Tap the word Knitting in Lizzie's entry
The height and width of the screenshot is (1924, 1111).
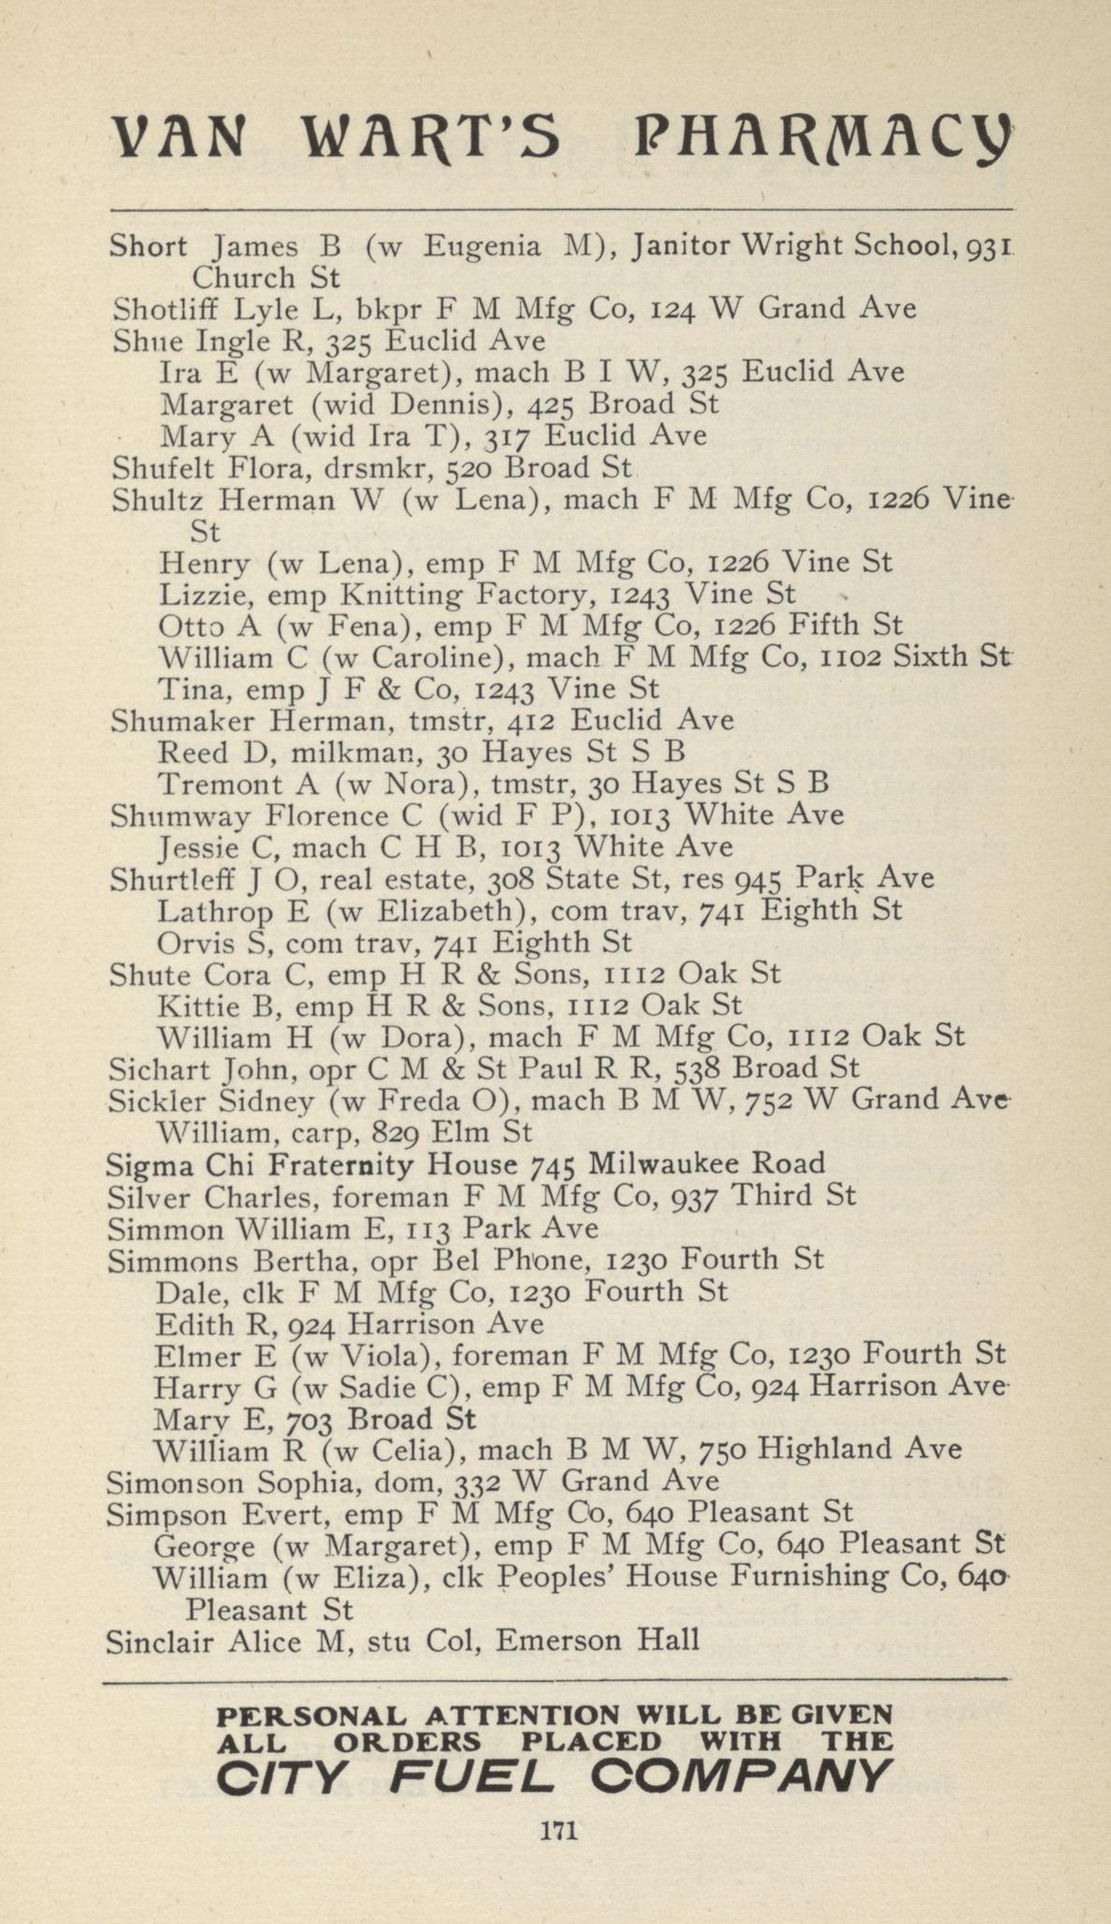(x=401, y=595)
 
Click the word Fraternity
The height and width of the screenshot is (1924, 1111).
(x=385, y=1164)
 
